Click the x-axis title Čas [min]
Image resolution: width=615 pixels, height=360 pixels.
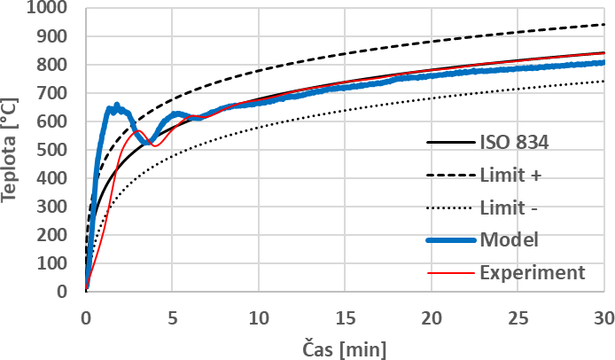pyautogui.click(x=344, y=345)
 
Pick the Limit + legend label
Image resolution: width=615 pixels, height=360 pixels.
pyautogui.click(x=511, y=176)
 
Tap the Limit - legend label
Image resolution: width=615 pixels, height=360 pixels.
pyautogui.click(x=510, y=207)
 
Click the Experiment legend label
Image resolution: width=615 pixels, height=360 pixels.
pyautogui.click(x=533, y=271)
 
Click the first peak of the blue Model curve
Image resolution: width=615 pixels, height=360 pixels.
pyautogui.click(x=116, y=106)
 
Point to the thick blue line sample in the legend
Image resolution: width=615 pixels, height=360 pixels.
pyautogui.click(x=448, y=239)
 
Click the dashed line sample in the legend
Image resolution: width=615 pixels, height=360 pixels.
pyautogui.click(x=448, y=176)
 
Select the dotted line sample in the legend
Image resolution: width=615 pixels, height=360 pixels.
pyautogui.click(x=448, y=207)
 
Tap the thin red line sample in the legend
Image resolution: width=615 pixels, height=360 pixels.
pyautogui.click(x=448, y=271)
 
